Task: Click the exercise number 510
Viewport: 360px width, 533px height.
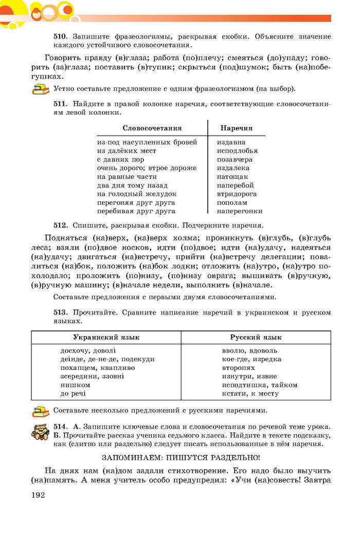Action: pyautogui.click(x=61, y=37)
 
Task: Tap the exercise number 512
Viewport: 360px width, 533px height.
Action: pyautogui.click(x=61, y=225)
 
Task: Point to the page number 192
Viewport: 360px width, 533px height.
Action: pyautogui.click(x=39, y=495)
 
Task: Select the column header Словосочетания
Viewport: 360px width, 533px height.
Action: pyautogui.click(x=152, y=128)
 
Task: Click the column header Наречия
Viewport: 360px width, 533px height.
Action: pyautogui.click(x=236, y=128)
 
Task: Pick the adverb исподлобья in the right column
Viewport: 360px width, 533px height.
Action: pyautogui.click(x=237, y=151)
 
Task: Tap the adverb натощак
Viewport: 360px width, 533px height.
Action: pyautogui.click(x=232, y=176)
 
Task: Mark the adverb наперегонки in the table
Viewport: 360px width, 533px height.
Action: pyautogui.click(x=240, y=211)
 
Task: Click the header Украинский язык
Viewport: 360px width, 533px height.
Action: pyautogui.click(x=106, y=337)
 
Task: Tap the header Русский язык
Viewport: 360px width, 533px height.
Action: pyautogui.click(x=256, y=337)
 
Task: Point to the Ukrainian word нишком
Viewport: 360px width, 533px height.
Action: pyautogui.click(x=75, y=384)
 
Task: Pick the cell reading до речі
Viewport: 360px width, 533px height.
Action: pyautogui.click(x=73, y=393)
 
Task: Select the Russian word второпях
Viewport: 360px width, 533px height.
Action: pyautogui.click(x=238, y=367)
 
